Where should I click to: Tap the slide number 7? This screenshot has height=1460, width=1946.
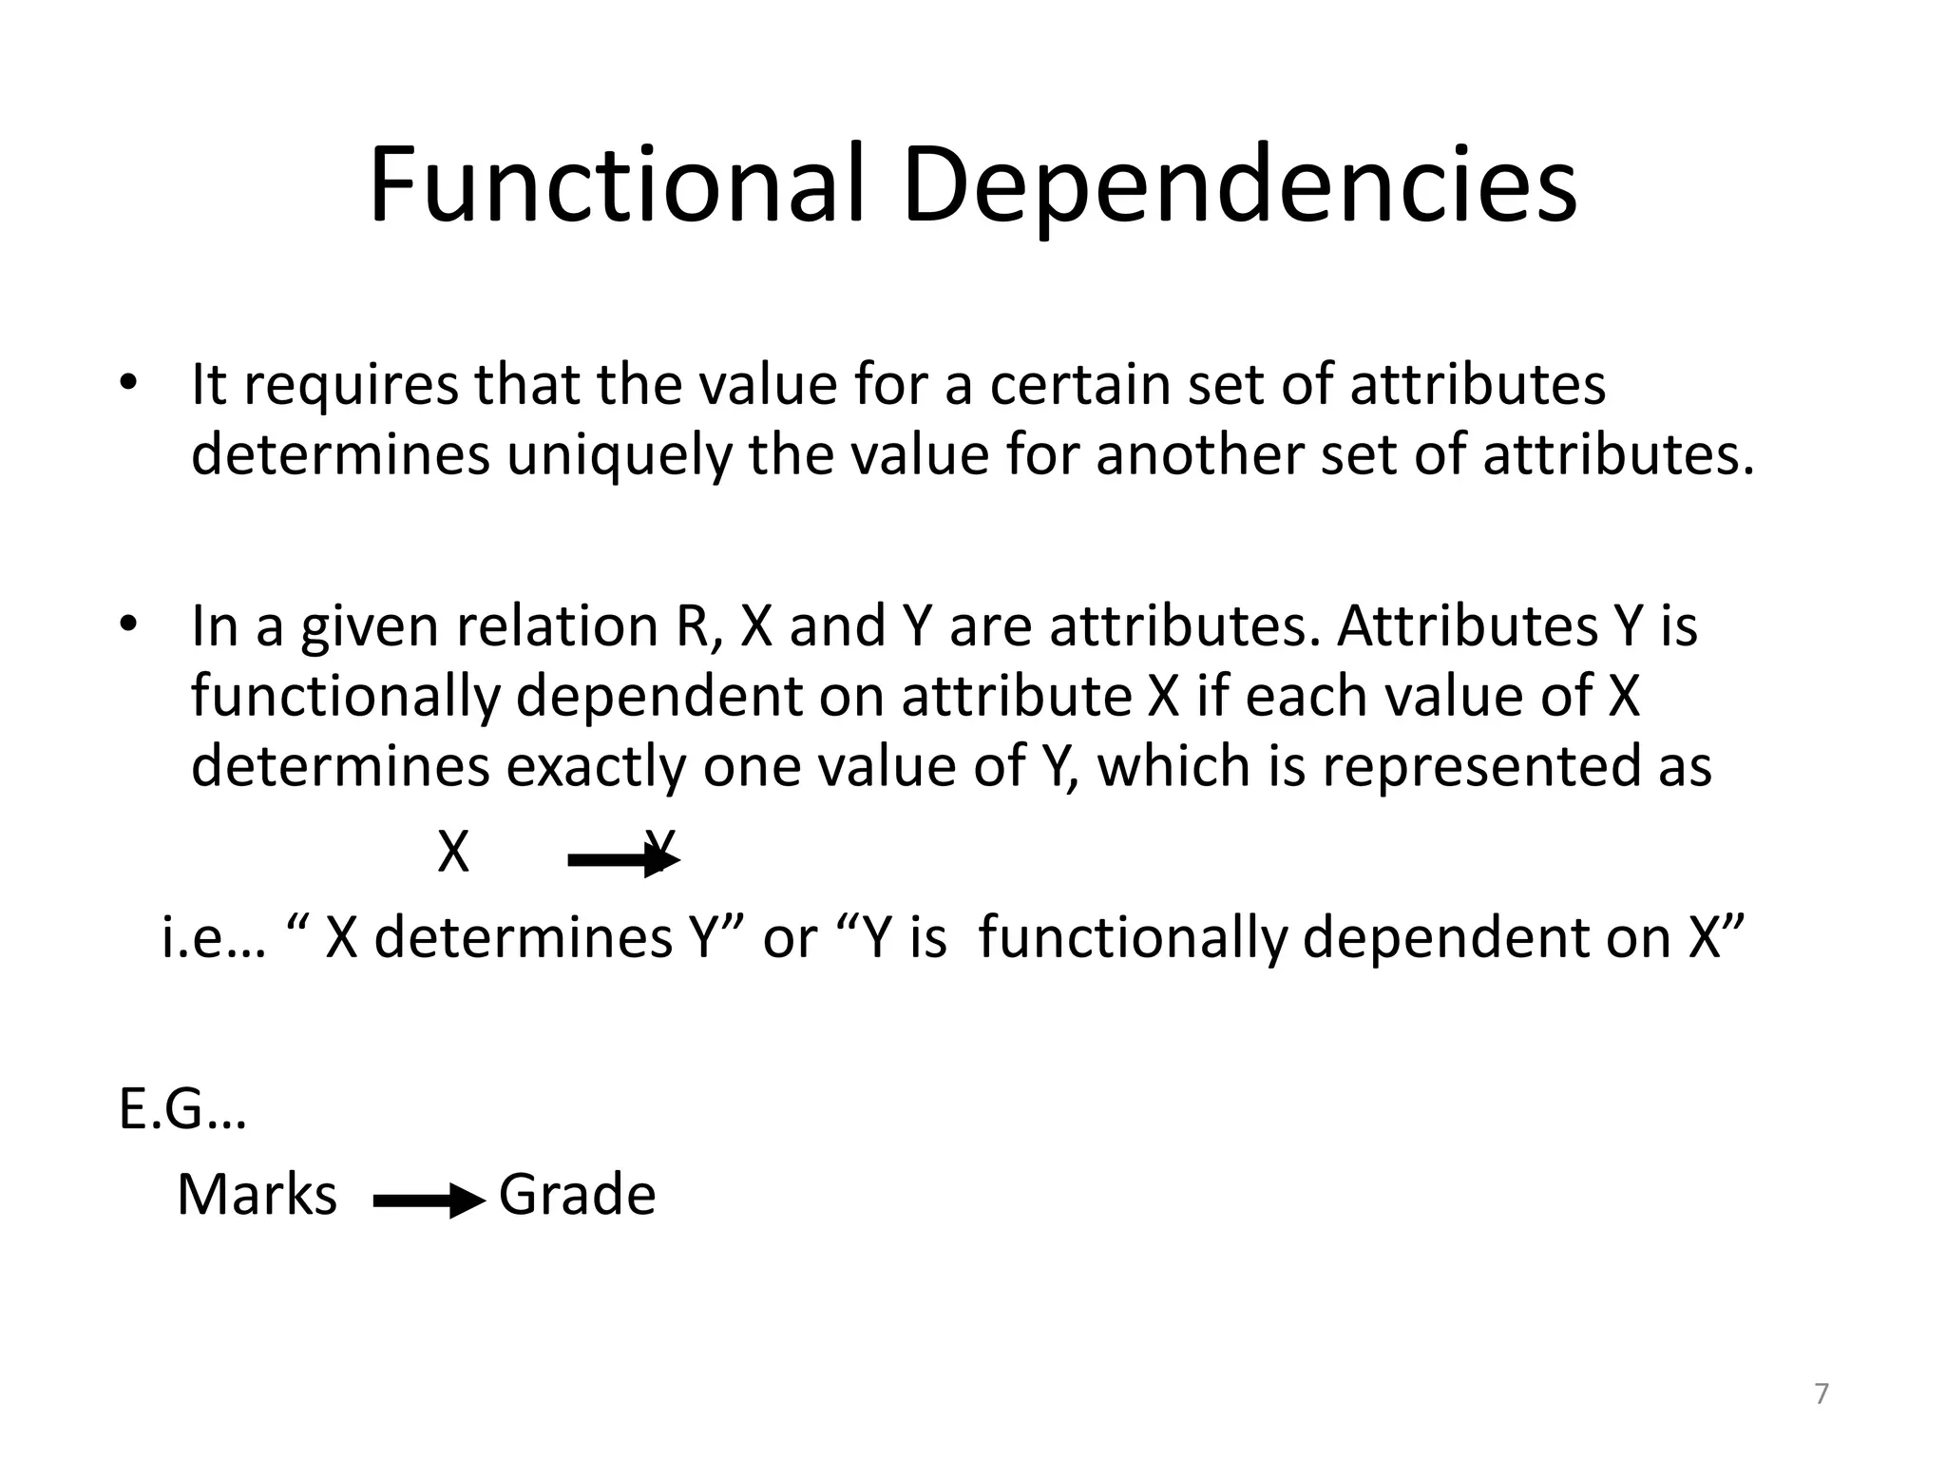[1822, 1394]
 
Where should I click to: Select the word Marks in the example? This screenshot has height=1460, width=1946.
[257, 1195]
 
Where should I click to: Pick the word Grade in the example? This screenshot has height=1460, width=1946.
[577, 1195]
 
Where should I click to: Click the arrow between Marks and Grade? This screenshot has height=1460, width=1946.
[429, 1202]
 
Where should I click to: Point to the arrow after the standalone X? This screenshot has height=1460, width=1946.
[623, 861]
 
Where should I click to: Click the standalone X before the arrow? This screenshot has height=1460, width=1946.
[453, 853]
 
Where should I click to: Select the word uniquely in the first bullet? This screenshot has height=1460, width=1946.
[620, 455]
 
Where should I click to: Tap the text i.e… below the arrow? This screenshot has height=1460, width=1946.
[214, 938]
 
